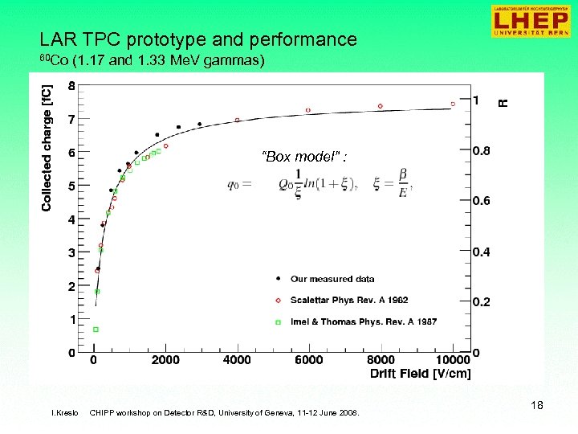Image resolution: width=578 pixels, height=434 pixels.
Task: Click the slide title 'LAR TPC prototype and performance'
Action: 198,39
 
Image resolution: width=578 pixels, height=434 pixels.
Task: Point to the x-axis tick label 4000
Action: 237,360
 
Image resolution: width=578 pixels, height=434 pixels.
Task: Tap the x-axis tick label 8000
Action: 381,360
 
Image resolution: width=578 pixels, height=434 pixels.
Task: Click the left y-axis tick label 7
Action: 72,119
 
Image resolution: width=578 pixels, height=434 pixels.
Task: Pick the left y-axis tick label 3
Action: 72,253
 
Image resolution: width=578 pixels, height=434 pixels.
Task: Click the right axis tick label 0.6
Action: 482,201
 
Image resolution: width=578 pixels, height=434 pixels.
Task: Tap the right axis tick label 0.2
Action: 482,302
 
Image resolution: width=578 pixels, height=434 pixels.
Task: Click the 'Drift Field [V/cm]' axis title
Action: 421,373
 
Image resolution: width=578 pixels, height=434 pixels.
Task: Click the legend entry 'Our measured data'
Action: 332,279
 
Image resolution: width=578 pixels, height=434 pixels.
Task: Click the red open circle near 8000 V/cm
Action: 381,106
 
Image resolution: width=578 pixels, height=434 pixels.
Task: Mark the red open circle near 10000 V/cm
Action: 453,104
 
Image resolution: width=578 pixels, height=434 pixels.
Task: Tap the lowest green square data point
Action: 96,330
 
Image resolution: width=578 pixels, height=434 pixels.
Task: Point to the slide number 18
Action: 537,406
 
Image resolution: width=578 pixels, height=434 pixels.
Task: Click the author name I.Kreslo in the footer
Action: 64,413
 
